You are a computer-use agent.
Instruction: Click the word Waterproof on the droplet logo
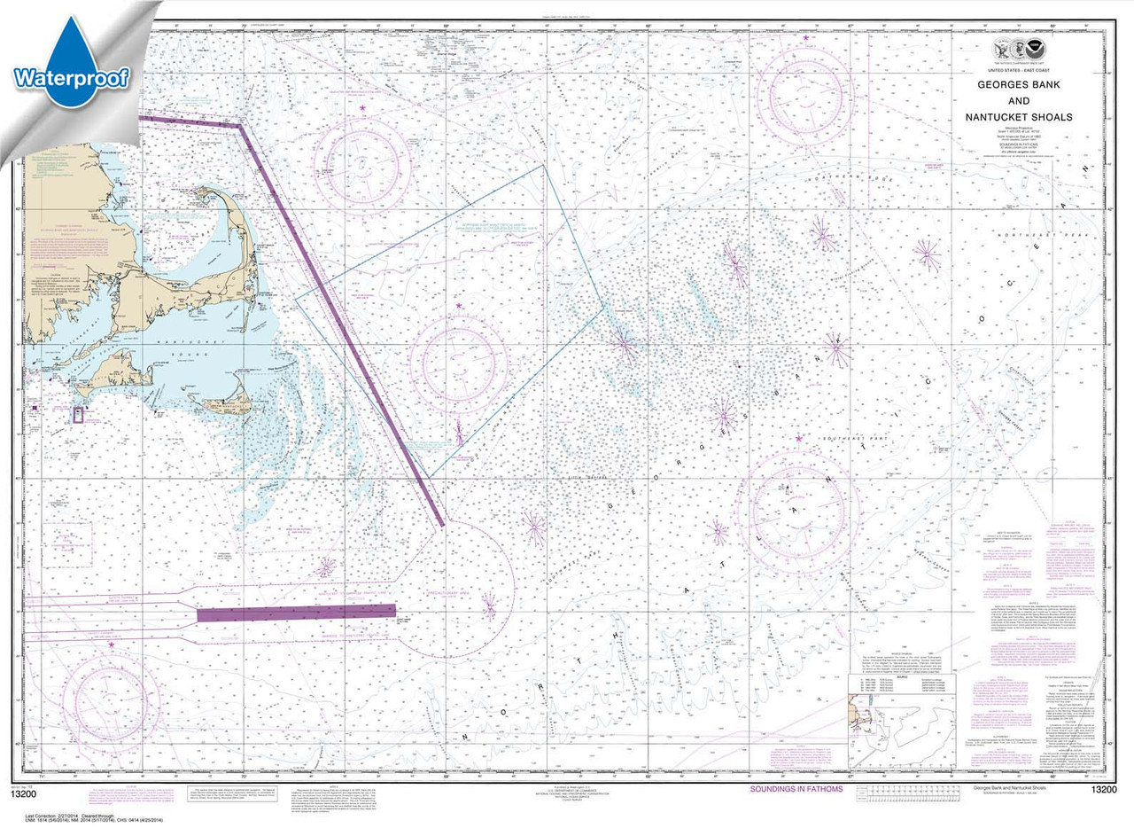pos(72,78)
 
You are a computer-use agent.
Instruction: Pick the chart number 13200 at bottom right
pos(1089,790)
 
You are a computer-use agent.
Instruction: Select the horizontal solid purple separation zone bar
pos(296,613)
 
